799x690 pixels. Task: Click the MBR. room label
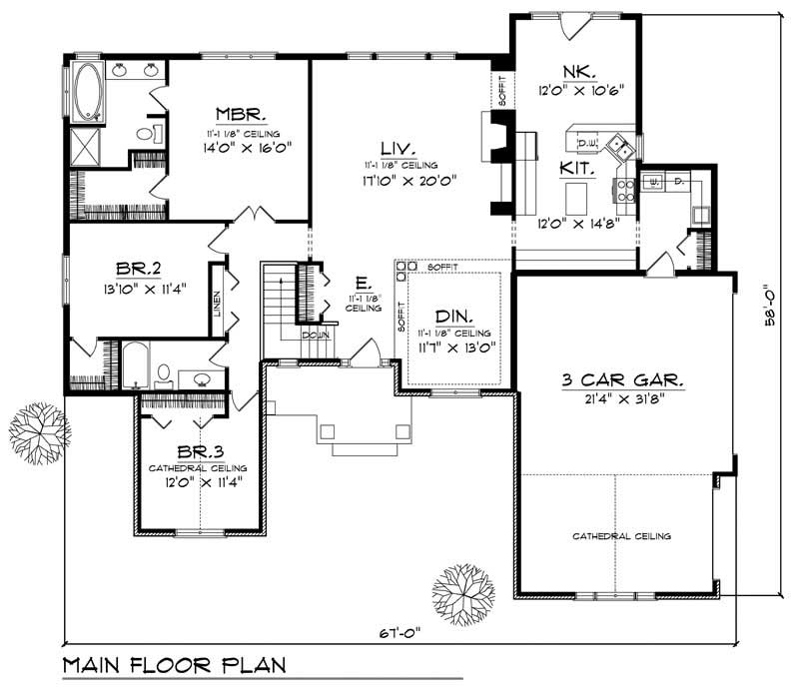tap(237, 113)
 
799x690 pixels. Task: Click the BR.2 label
tap(134, 269)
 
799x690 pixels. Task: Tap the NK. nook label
tap(578, 71)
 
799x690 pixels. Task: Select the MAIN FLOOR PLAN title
tap(173, 665)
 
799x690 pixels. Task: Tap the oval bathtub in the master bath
tap(88, 92)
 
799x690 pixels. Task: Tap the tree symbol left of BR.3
tap(39, 431)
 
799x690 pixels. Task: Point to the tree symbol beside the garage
tap(464, 596)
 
